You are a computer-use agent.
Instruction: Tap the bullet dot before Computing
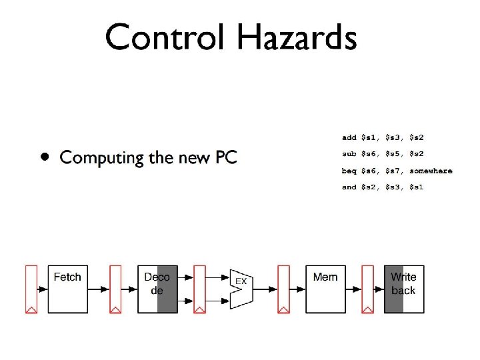coord(43,158)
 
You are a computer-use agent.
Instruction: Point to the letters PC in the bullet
coord(224,158)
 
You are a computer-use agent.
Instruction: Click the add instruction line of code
coord(383,138)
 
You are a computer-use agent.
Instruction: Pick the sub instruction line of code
coord(383,154)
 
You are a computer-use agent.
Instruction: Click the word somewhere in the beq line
coord(431,171)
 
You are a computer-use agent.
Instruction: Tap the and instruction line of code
coord(383,187)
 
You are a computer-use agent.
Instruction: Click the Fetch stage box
coord(67,289)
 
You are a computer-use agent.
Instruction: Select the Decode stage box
coord(157,289)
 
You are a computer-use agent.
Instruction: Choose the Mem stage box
coord(325,289)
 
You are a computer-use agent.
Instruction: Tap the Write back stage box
coord(403,289)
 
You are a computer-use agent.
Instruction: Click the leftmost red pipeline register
coord(31,289)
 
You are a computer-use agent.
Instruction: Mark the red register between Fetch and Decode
coord(115,289)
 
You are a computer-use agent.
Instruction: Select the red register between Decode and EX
coord(199,289)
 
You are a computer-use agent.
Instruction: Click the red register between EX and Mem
coord(283,289)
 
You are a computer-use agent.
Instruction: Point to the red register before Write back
coord(367,289)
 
